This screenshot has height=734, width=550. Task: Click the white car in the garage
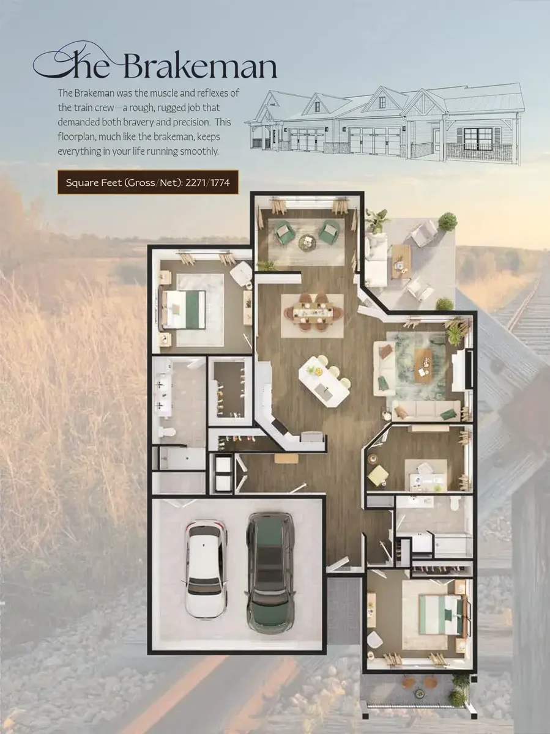tap(206, 568)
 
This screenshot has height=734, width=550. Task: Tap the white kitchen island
tap(324, 381)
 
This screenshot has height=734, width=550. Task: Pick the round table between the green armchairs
tap(307, 242)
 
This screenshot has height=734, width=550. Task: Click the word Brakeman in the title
tap(201, 66)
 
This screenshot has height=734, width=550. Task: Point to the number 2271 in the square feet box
tap(196, 182)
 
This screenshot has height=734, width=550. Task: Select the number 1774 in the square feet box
tap(220, 182)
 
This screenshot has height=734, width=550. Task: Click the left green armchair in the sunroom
tap(284, 232)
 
